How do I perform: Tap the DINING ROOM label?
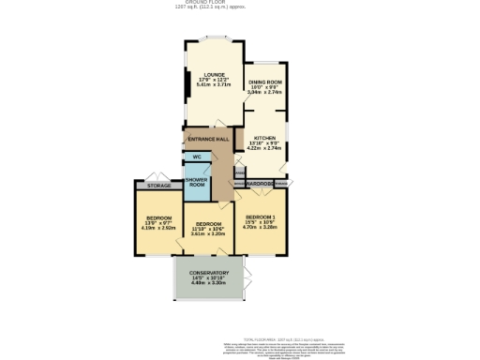tap(264, 82)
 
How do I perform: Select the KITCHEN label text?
tap(262, 137)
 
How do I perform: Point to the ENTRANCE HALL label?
tap(208, 140)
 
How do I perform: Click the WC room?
tap(198, 157)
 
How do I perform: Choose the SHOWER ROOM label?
tap(198, 182)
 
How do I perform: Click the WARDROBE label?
tap(260, 184)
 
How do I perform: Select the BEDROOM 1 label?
tap(260, 217)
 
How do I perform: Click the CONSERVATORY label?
tap(209, 273)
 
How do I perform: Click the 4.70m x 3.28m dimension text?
tap(260, 227)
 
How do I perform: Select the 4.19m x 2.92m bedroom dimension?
tap(158, 227)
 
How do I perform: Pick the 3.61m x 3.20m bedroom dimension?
tap(209, 233)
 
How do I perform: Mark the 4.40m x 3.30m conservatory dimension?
tap(209, 284)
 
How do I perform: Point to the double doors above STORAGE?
tap(157, 177)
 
